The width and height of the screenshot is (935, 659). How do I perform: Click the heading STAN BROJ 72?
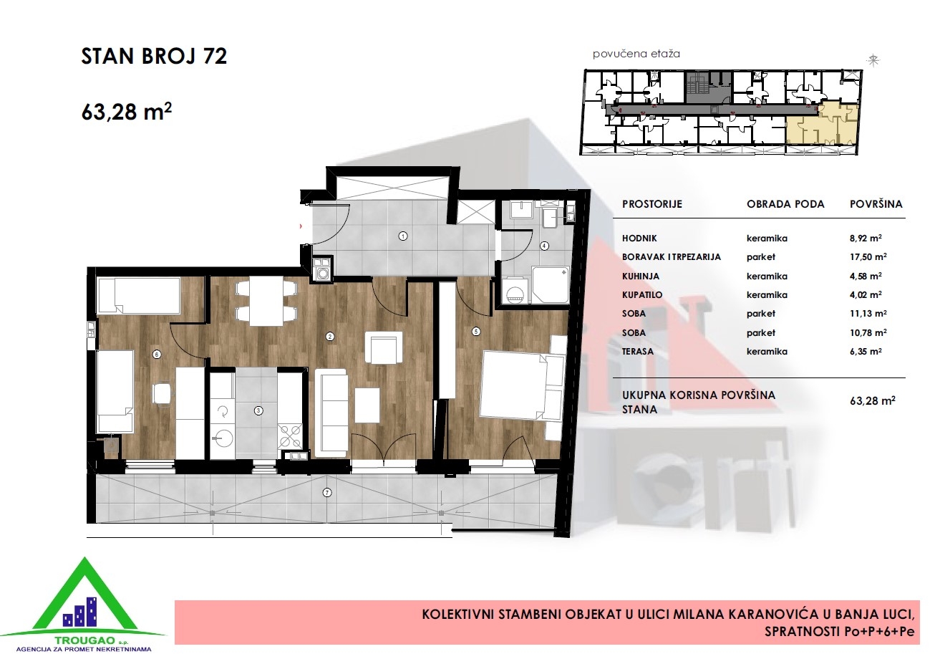pyautogui.click(x=154, y=56)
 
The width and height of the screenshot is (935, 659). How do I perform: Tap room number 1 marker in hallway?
pyautogui.click(x=403, y=236)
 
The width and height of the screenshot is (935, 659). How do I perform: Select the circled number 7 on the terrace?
pyautogui.click(x=327, y=493)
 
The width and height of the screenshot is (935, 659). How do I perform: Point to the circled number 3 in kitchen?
pyautogui.click(x=258, y=411)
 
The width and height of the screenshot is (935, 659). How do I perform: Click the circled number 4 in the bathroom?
pyautogui.click(x=544, y=246)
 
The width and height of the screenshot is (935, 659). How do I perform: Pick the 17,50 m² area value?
pyautogui.click(x=868, y=256)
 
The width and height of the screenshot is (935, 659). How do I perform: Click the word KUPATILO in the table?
pyautogui.click(x=642, y=295)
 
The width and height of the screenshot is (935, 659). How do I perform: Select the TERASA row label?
pyautogui.click(x=638, y=352)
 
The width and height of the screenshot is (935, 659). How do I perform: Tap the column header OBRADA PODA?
pyautogui.click(x=785, y=204)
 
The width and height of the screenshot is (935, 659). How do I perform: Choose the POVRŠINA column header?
pyautogui.click(x=876, y=204)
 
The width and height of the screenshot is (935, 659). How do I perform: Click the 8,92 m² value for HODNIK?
pyautogui.click(x=866, y=238)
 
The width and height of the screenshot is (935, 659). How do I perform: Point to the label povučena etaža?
pyautogui.click(x=636, y=54)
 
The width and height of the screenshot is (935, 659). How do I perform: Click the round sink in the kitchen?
pyautogui.click(x=224, y=438)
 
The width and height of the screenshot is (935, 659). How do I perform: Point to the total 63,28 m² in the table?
pyautogui.click(x=873, y=401)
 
